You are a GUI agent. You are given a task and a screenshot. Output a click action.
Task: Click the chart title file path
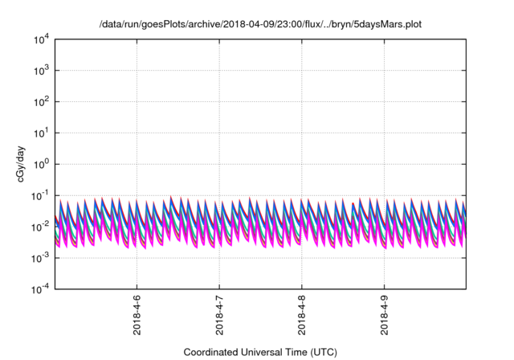point(259,25)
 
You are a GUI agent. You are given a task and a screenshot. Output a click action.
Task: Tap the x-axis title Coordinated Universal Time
point(259,352)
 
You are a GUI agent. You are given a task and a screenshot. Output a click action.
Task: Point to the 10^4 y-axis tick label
point(41,39)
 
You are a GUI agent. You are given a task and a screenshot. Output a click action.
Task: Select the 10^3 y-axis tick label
point(41,71)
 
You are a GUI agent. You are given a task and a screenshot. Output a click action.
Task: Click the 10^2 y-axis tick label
point(41,102)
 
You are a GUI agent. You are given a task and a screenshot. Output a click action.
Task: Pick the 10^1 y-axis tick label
point(41,133)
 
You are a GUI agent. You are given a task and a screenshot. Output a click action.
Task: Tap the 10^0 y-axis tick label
point(41,164)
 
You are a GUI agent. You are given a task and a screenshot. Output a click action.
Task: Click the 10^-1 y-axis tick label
point(40,195)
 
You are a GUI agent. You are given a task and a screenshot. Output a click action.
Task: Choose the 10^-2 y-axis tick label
point(40,227)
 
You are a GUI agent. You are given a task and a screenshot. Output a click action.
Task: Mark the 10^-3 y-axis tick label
point(40,257)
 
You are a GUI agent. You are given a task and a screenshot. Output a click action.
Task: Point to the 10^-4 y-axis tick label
point(40,288)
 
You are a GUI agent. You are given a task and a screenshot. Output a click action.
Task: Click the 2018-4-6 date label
point(137,317)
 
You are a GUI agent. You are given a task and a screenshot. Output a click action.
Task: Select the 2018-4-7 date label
point(219,317)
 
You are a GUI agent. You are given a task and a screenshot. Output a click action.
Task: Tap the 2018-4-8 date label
point(301,317)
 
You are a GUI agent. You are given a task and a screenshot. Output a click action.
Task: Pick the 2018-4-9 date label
point(384,317)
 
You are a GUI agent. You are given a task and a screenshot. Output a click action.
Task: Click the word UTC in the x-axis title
point(320,352)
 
